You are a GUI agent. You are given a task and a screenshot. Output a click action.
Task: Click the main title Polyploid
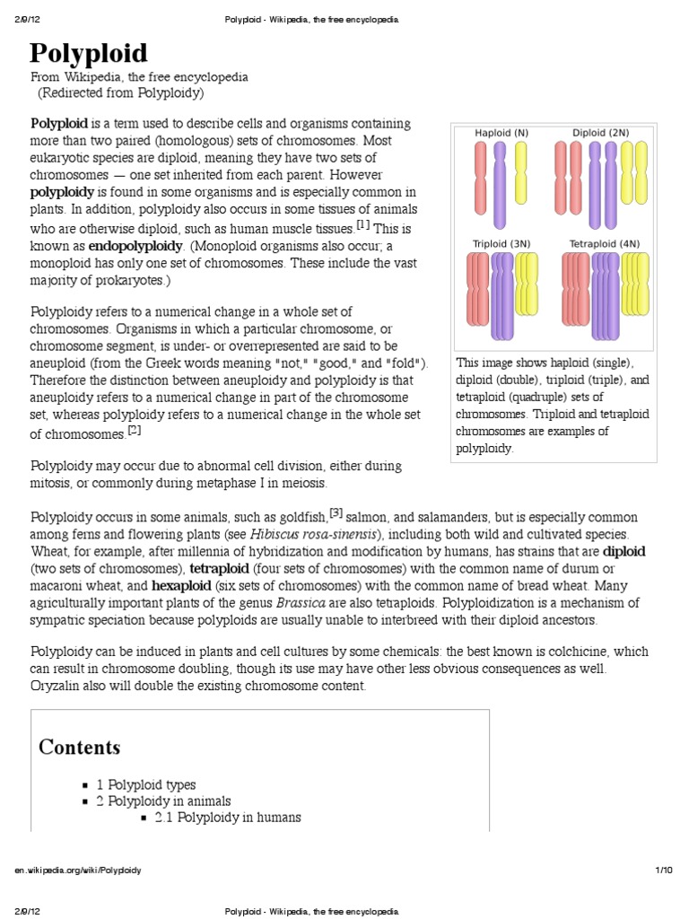click(x=90, y=53)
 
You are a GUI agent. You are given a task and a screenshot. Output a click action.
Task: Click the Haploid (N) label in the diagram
click(x=501, y=133)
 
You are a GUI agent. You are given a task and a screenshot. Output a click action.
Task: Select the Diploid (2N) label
click(x=600, y=133)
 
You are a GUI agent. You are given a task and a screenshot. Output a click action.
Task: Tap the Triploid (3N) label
click(x=501, y=243)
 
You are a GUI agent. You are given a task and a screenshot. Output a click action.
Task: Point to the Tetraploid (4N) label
click(x=605, y=243)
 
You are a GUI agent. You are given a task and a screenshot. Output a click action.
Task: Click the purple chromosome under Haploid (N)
click(x=500, y=184)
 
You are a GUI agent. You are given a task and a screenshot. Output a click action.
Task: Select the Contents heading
click(x=80, y=747)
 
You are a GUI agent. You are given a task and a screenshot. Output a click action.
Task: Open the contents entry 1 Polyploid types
click(x=146, y=784)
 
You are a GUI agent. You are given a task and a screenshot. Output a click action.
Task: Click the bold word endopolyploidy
click(x=132, y=246)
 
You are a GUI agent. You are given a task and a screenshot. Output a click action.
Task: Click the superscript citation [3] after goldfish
click(x=336, y=513)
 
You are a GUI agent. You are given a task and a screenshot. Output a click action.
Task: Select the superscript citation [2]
click(x=135, y=430)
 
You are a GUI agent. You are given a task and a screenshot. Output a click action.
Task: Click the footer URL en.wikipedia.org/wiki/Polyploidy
click(x=78, y=871)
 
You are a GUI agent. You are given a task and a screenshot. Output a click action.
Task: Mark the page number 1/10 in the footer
click(x=664, y=871)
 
